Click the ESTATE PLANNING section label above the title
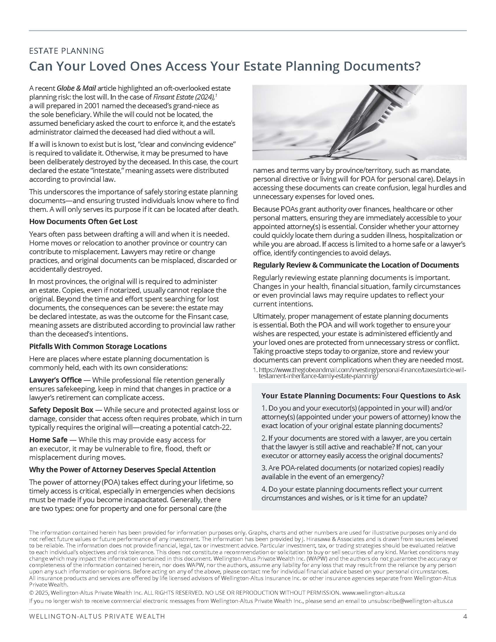pyautogui.click(x=67, y=51)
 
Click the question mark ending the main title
pyautogui.click(x=417, y=67)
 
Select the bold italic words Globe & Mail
pyautogui.click(x=76, y=88)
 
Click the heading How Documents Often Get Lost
pyautogui.click(x=83, y=221)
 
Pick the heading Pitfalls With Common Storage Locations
pyautogui.click(x=98, y=346)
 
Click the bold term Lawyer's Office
pyautogui.click(x=55, y=380)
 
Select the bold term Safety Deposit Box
pyautogui.click(x=61, y=410)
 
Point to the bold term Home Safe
pyautogui.click(x=48, y=440)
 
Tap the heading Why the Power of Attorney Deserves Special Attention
pyautogui.click(x=122, y=470)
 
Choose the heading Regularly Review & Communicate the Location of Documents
pyautogui.click(x=356, y=265)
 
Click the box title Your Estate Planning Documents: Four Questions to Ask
pyautogui.click(x=361, y=396)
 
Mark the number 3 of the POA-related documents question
pyautogui.click(x=263, y=468)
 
